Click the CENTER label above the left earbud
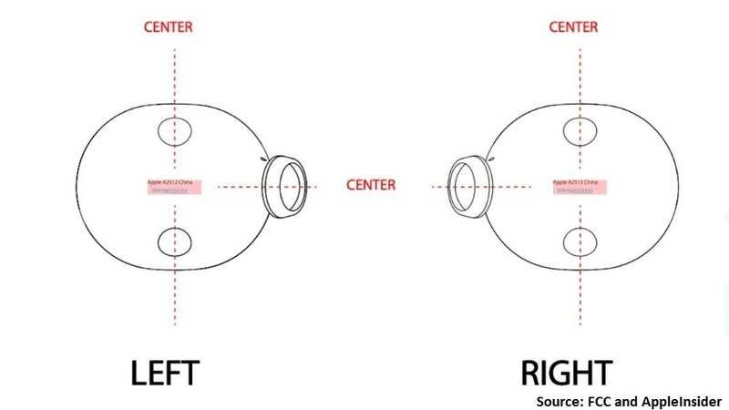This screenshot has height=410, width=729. [x=168, y=26]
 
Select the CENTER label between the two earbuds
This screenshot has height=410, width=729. [x=371, y=185]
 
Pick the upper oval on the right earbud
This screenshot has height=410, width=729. [x=579, y=132]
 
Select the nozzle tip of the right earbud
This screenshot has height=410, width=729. [x=467, y=186]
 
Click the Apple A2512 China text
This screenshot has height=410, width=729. [x=169, y=182]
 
